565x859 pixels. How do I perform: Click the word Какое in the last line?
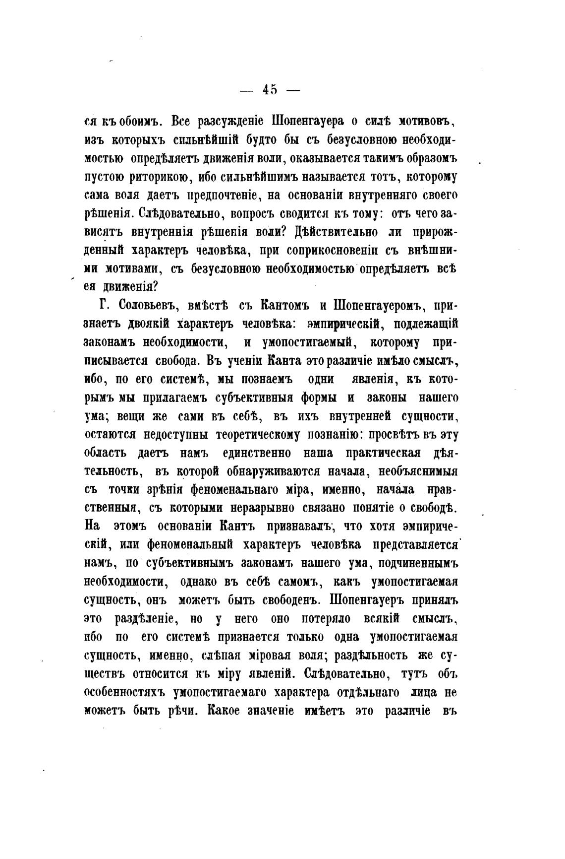click(231, 711)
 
